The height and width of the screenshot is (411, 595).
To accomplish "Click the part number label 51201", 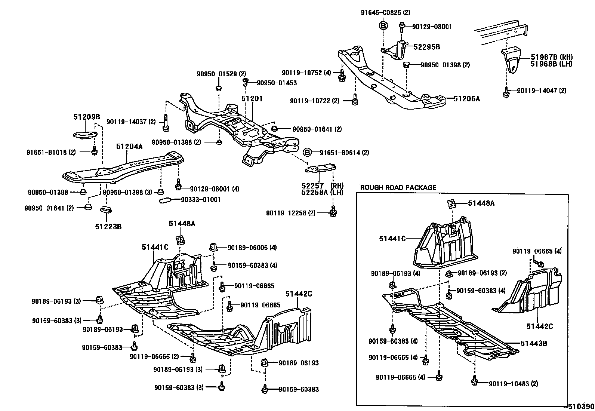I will (x=252, y=99).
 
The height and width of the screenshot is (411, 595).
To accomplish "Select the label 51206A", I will (x=466, y=99).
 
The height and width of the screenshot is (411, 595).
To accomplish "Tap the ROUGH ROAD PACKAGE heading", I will (x=398, y=187).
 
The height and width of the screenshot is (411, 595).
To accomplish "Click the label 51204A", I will (x=129, y=147).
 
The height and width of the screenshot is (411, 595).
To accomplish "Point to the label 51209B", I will (x=87, y=117).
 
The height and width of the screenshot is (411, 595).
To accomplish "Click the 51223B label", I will (x=108, y=226).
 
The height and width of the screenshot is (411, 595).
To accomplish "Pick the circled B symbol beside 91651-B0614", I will (x=307, y=153).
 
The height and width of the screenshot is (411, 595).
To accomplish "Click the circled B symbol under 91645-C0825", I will (x=383, y=26).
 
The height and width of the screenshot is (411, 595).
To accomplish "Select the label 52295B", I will (x=426, y=47).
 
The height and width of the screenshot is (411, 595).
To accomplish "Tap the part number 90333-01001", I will (x=201, y=200).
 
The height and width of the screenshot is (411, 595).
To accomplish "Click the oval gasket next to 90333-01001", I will (x=164, y=201).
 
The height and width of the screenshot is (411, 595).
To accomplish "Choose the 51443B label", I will (x=534, y=343).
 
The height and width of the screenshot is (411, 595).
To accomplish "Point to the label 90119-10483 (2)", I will (x=513, y=384).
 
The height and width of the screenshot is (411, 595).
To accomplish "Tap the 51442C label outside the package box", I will (x=299, y=294).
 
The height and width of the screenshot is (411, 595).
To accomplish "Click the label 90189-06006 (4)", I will (x=252, y=247).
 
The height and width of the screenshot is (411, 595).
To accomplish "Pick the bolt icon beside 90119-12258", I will (x=333, y=212).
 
